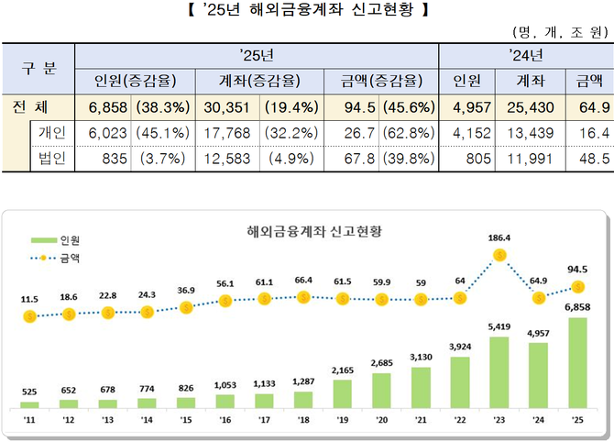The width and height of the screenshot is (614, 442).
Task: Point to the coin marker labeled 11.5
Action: tap(29, 315)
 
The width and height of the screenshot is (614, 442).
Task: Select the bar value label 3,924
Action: tap(460, 348)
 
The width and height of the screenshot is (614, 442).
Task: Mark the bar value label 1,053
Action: tap(225, 386)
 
